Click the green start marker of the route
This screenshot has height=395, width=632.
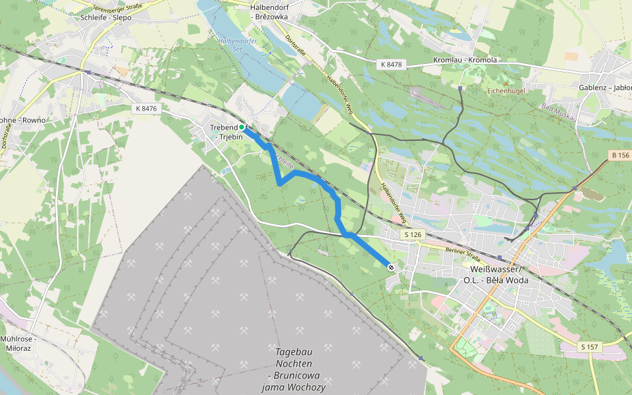(x=242, y=127)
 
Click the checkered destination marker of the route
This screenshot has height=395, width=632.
(x=391, y=267)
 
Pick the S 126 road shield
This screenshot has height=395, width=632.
(x=413, y=234)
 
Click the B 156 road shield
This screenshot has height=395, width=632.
(x=619, y=155)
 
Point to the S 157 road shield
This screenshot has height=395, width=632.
(x=591, y=346)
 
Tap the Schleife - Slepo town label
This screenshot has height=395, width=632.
(x=105, y=18)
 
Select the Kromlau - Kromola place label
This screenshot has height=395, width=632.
(x=465, y=60)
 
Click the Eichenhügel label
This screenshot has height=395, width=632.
(x=506, y=90)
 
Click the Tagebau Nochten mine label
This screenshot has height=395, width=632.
(x=294, y=369)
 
